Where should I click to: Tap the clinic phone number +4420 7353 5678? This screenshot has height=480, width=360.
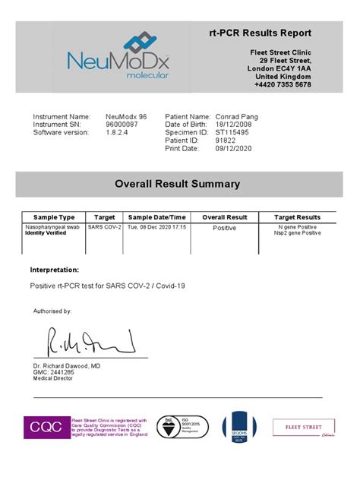point(282,85)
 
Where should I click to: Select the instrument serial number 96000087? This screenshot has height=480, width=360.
point(122,125)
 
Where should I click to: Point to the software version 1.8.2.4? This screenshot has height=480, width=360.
point(118,133)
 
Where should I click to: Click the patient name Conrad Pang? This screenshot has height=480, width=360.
point(236,116)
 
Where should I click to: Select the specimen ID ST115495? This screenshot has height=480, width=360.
point(232,133)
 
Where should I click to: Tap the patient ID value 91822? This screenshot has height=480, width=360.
point(226,141)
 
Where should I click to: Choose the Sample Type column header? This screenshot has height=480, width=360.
point(55,217)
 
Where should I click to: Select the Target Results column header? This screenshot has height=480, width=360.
point(297,217)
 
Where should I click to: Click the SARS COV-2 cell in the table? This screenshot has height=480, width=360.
point(104,227)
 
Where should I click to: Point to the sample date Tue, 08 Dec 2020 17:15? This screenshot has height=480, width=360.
point(156,227)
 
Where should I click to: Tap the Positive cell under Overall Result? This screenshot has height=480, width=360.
point(224,228)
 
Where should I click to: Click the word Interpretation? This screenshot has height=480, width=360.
point(54,270)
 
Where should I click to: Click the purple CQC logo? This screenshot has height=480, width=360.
point(46,428)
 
